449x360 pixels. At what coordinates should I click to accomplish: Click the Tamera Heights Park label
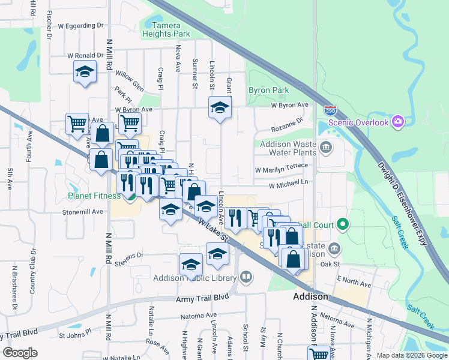pyautogui.click(x=166, y=29)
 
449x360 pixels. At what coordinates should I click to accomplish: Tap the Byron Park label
pyautogui.click(x=269, y=91)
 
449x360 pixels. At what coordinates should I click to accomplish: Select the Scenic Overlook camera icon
pyautogui.click(x=397, y=122)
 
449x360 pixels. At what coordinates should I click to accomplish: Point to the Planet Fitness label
pyautogui.click(x=94, y=195)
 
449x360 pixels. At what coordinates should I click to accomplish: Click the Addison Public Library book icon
pyautogui.click(x=246, y=277)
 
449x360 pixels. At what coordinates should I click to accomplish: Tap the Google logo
pyautogui.click(x=20, y=353)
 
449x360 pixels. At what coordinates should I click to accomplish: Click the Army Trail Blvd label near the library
pyautogui.click(x=203, y=298)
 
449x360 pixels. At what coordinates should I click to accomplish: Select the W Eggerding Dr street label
pyautogui.click(x=80, y=26)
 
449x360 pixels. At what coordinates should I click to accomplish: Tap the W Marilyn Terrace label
pyautogui.click(x=281, y=170)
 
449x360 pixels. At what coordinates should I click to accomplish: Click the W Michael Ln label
pyautogui.click(x=288, y=185)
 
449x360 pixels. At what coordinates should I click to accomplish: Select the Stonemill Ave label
pyautogui.click(x=83, y=212)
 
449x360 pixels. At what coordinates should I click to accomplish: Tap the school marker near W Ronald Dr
pyautogui.click(x=85, y=72)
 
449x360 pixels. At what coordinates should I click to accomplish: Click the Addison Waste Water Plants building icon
pyautogui.click(x=325, y=148)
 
